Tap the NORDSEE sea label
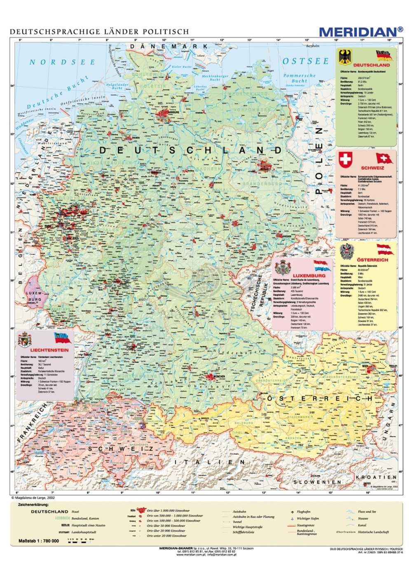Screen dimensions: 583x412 [62, 62]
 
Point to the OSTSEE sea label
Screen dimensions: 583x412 [306, 61]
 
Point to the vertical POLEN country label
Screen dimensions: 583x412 [318, 161]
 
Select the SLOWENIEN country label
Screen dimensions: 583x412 [317, 482]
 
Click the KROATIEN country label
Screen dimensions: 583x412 [379, 477]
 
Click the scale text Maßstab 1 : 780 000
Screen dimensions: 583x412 [39, 541]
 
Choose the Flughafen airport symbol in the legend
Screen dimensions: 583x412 [292, 511]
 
